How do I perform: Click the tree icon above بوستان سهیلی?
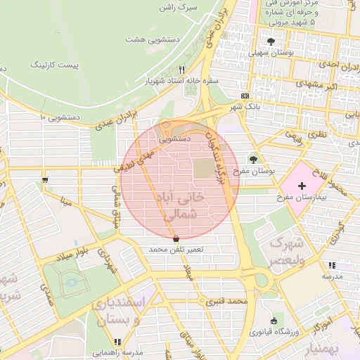point(271,41)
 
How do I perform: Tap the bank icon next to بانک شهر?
point(245,96)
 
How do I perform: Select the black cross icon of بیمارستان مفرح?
point(302,186)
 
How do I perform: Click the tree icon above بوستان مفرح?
point(254,159)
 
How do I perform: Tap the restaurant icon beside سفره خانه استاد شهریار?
point(182,70)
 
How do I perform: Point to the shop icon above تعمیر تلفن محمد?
point(175,239)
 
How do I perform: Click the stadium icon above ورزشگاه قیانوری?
point(274,321)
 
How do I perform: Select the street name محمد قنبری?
point(226,302)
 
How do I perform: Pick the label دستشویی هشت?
point(145,39)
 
